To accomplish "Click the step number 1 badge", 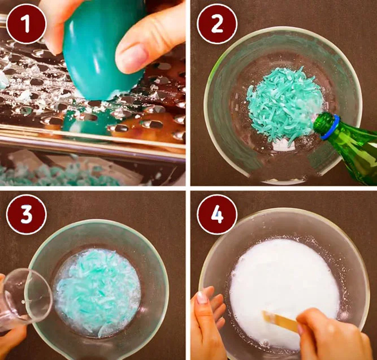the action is [26, 24].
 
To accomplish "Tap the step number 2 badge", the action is [217, 24].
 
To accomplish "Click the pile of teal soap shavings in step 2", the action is [284, 106].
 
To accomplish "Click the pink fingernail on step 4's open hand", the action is [202, 297].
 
